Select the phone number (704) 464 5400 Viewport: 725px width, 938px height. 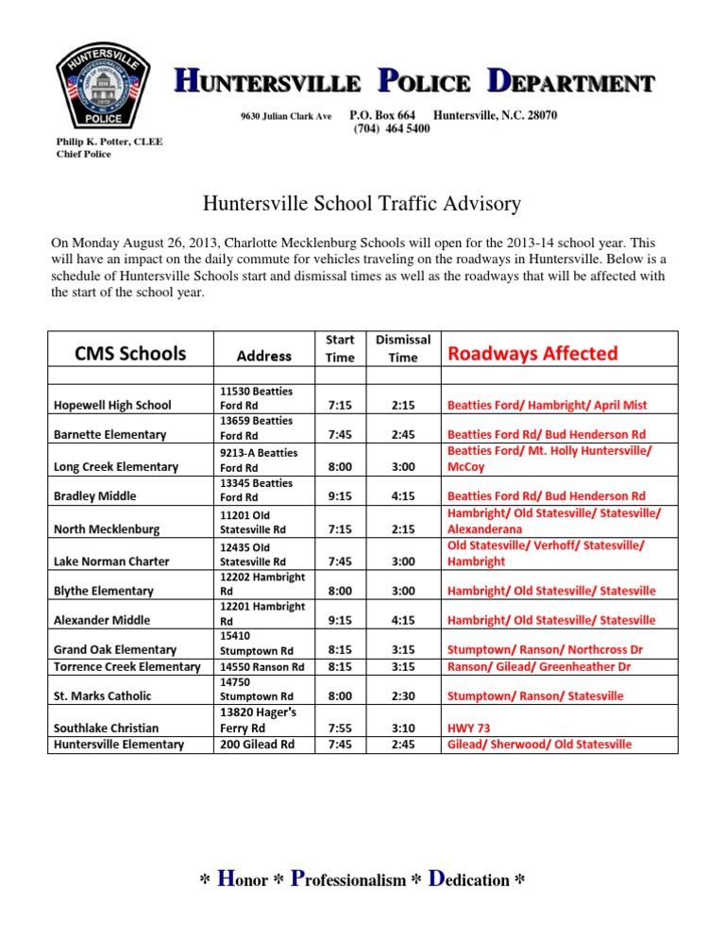coord(391,128)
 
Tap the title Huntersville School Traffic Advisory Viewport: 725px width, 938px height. coord(362,203)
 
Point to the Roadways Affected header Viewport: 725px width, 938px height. coord(532,354)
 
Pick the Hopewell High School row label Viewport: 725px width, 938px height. coord(112,405)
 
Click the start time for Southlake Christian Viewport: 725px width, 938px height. coord(340,729)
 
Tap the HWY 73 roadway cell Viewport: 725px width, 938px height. coord(468,729)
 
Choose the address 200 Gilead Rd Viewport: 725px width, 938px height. coord(257,744)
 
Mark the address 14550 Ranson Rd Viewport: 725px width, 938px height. coord(261,666)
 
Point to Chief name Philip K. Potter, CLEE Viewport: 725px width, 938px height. coord(110,142)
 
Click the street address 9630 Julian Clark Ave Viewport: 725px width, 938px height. coord(286,115)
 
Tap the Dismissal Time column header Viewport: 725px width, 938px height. coord(402,348)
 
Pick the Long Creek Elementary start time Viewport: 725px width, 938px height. coord(340,466)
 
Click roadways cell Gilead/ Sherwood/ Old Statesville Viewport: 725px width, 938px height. coord(539,744)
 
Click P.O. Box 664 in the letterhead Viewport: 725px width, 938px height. coord(383,114)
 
